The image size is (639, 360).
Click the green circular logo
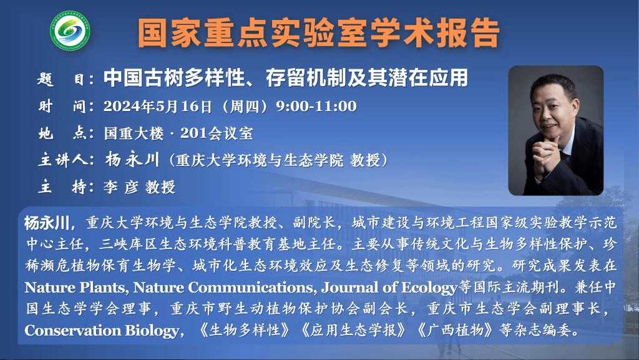point(70,31)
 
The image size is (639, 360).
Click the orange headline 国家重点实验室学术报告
point(319,32)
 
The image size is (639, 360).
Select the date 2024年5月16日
point(157,106)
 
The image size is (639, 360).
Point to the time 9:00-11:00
point(316,106)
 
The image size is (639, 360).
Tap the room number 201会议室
point(217,133)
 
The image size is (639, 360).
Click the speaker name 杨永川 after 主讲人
point(132,160)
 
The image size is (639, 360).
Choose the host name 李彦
point(120,187)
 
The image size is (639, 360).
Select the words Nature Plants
point(75,288)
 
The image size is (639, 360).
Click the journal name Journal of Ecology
point(389,288)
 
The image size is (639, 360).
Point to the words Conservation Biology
point(102,330)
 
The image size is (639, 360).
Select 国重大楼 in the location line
point(134,133)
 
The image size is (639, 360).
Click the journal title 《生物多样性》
point(245,330)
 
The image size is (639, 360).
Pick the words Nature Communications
point(223,288)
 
